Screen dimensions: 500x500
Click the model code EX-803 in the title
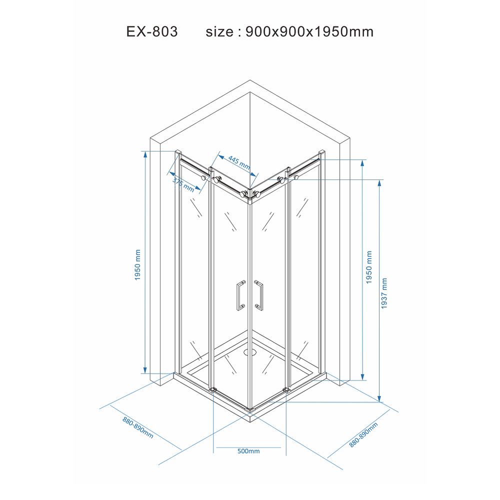coord(152,31)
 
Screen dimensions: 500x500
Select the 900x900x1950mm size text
coord(309,31)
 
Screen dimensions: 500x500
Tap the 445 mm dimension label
coord(239,162)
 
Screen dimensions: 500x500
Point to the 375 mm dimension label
coord(183,184)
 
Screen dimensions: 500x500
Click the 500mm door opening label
coord(248,451)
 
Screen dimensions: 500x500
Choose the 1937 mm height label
coord(384,293)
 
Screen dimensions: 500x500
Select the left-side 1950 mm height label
coord(137,265)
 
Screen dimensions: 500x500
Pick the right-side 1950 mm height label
coord(369,267)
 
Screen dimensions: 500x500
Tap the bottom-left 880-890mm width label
coord(138,427)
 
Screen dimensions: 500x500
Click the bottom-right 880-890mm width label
coord(363,434)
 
